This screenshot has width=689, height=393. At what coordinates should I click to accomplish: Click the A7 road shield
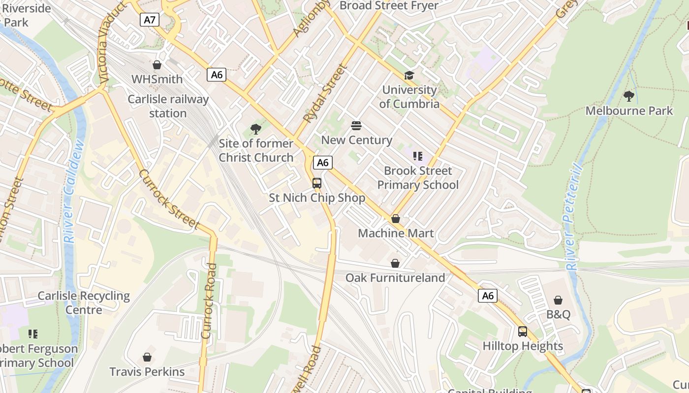tap(150, 20)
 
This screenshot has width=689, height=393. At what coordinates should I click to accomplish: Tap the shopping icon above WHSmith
tap(157, 65)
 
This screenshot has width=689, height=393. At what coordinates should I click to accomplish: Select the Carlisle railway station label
tap(168, 106)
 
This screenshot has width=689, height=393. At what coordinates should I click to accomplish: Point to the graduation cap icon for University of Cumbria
tap(409, 75)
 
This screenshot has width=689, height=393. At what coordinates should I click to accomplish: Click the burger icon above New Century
tap(356, 126)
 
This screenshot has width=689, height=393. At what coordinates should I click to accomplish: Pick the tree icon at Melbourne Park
tap(628, 96)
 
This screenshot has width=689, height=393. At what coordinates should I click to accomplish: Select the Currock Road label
tap(209, 301)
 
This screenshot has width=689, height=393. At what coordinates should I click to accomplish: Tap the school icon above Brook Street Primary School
tap(418, 156)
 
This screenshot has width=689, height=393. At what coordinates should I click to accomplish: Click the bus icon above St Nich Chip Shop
tap(317, 183)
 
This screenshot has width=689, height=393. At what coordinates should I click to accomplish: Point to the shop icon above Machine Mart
tap(396, 219)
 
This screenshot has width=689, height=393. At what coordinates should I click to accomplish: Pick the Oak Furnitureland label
tap(395, 278)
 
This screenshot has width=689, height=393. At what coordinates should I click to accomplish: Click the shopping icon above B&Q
tap(558, 300)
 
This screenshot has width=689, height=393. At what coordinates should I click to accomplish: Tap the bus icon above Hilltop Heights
tap(523, 332)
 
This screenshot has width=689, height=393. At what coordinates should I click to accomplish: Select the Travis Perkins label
tap(147, 371)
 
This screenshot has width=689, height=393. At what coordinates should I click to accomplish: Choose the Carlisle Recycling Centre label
tap(84, 303)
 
